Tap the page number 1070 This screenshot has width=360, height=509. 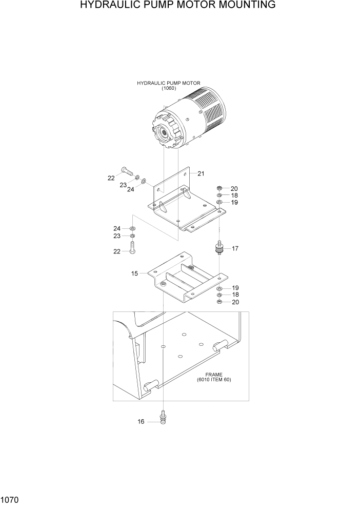tap(11, 499)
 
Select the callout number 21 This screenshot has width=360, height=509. tap(201, 173)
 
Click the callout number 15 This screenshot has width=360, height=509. tap(134, 273)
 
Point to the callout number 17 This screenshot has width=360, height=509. tap(235, 248)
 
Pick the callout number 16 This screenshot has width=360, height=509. tap(140, 422)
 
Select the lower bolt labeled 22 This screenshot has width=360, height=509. tap(133, 249)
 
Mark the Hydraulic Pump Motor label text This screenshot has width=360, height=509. tap(169, 83)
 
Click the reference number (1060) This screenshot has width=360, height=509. tap(169, 88)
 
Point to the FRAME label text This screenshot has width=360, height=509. tap(213, 375)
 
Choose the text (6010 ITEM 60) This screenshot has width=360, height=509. tap(214, 380)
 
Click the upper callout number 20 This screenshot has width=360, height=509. tap(234, 188)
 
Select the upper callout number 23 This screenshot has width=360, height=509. tap(123, 185)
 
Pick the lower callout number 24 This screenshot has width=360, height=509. tap(117, 228)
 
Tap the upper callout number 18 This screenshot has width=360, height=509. tap(234, 195)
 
